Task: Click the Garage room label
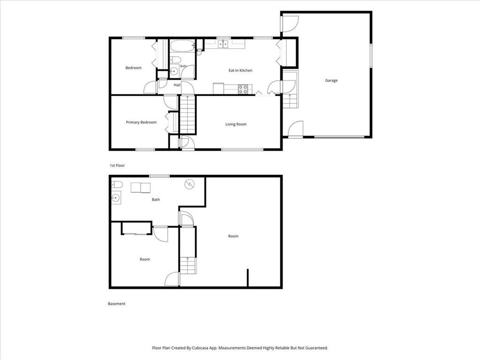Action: click(331, 81)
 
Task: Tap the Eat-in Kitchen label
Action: click(240, 70)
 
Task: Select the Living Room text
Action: click(236, 124)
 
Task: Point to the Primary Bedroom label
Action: click(141, 122)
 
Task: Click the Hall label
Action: click(177, 85)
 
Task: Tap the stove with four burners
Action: click(243, 89)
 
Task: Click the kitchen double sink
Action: click(223, 45)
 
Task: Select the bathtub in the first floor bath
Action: click(182, 46)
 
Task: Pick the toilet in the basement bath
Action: click(117, 185)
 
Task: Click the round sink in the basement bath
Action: click(116, 198)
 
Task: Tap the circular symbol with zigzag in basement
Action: click(189, 184)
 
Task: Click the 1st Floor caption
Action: click(117, 165)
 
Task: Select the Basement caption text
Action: click(117, 304)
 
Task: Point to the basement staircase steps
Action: click(187, 265)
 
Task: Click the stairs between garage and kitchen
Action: click(290, 101)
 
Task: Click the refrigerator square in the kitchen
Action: click(218, 89)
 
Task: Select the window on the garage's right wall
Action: click(370, 55)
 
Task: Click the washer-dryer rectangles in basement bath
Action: click(141, 187)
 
